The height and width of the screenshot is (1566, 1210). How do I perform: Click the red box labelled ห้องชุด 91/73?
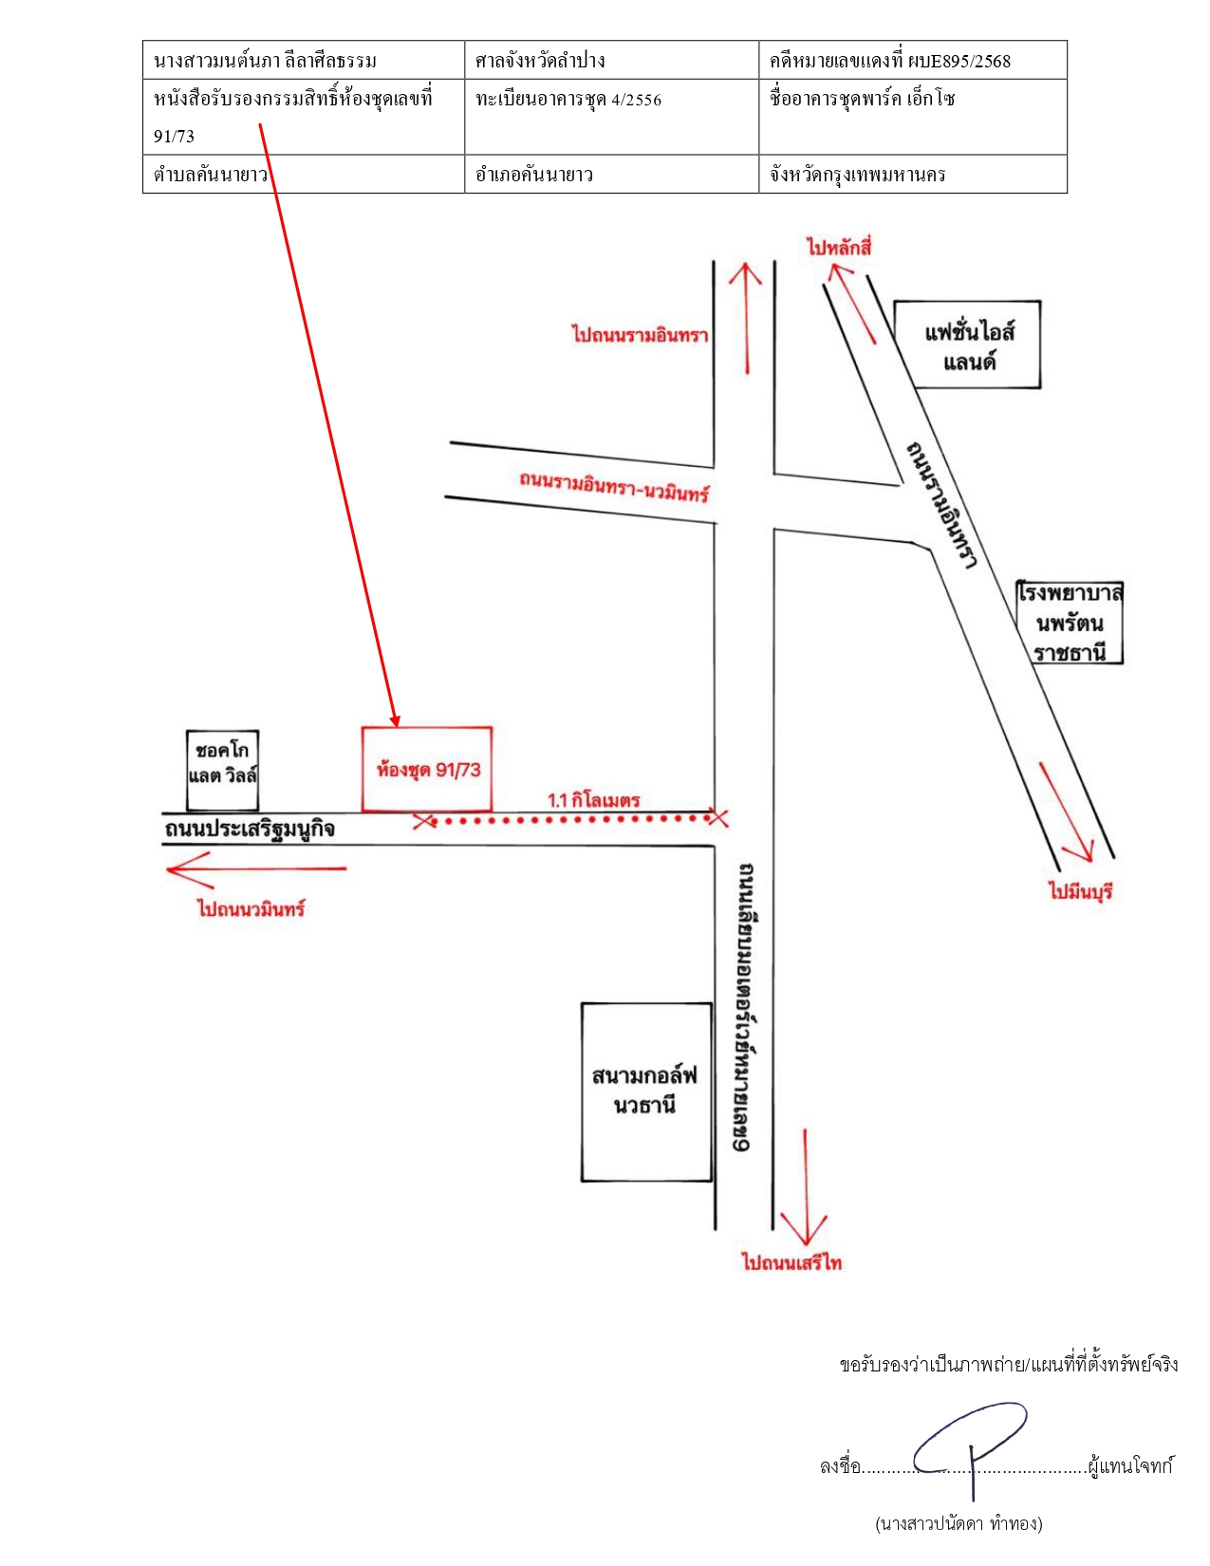pyautogui.click(x=427, y=769)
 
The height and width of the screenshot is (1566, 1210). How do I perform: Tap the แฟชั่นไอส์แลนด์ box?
pyautogui.click(x=967, y=345)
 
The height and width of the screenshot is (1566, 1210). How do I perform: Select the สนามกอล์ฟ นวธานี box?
pyautogui.click(x=646, y=1091)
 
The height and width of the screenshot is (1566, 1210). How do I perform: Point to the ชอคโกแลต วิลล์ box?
pyautogui.click(x=222, y=771)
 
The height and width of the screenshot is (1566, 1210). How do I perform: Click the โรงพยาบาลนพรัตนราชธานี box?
pyautogui.click(x=1070, y=623)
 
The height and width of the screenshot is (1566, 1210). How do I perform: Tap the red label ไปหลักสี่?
pyautogui.click(x=839, y=248)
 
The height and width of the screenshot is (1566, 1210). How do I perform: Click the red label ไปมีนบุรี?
pyautogui.click(x=1080, y=891)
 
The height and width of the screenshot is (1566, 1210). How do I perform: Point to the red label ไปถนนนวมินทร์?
pyautogui.click(x=251, y=908)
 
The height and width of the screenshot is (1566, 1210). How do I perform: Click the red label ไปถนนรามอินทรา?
pyautogui.click(x=641, y=335)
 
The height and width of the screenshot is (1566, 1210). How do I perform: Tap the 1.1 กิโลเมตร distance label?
pyautogui.click(x=594, y=800)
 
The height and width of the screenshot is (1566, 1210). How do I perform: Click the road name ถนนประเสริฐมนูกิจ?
pyautogui.click(x=250, y=829)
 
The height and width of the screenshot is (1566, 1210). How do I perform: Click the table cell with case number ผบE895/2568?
pyautogui.click(x=912, y=60)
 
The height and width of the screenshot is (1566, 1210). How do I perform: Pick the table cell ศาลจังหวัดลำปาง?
pyautogui.click(x=611, y=60)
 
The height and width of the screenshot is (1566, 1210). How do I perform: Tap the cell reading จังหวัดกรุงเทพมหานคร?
pyautogui.click(x=912, y=174)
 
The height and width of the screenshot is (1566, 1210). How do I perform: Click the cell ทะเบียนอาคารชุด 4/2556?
pyautogui.click(x=611, y=117)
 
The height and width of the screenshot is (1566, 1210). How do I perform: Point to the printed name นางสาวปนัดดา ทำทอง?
pyautogui.click(x=959, y=1523)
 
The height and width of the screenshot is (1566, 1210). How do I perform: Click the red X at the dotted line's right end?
pyautogui.click(x=718, y=817)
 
